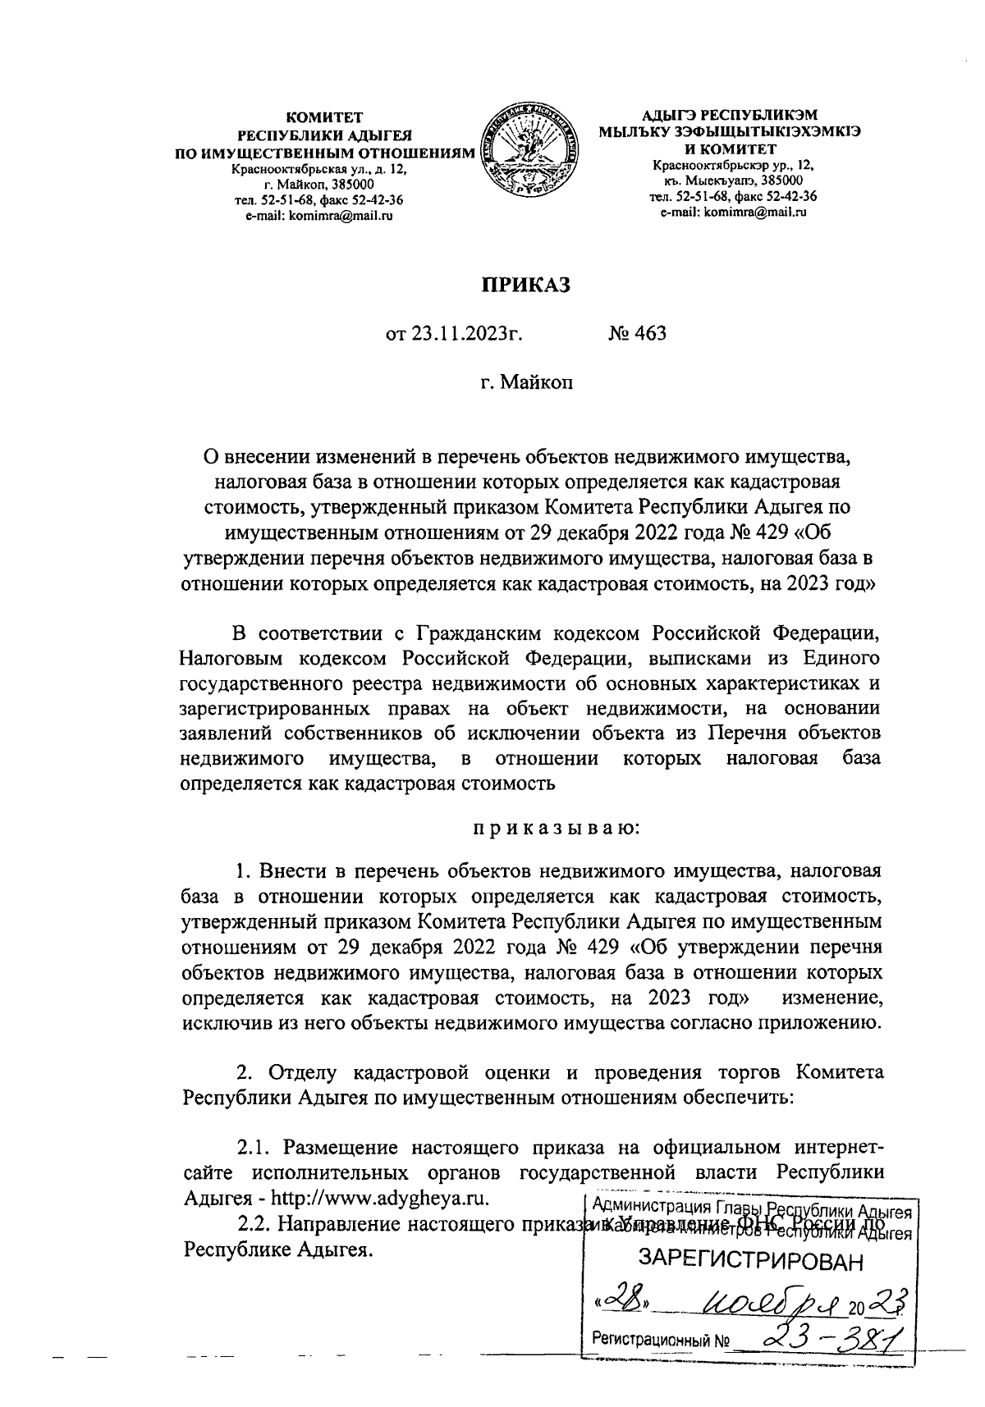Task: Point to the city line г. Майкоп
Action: coord(526,381)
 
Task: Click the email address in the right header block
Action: coord(734,212)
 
